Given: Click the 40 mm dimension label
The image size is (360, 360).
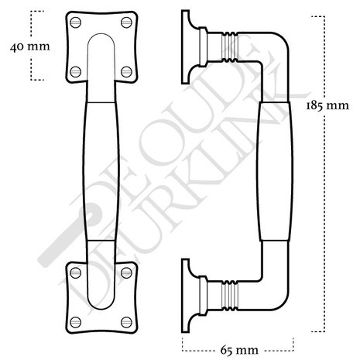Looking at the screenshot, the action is point(30,47).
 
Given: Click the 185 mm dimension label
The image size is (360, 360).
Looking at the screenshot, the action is point(327,106).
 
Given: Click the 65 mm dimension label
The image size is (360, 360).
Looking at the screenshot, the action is point(239,350).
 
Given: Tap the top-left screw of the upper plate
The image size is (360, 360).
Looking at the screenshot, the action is point(76,22).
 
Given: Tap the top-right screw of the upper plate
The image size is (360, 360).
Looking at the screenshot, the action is point(126,22).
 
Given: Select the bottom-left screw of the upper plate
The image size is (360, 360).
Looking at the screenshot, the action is point(76,71).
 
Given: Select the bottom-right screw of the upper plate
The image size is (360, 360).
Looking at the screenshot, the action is point(126,71).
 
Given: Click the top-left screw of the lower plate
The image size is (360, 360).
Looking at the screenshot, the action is point(75,273).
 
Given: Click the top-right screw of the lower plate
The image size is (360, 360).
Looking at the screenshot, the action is point(126,273).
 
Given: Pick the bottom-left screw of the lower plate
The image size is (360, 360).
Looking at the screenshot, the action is point(75,322).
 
